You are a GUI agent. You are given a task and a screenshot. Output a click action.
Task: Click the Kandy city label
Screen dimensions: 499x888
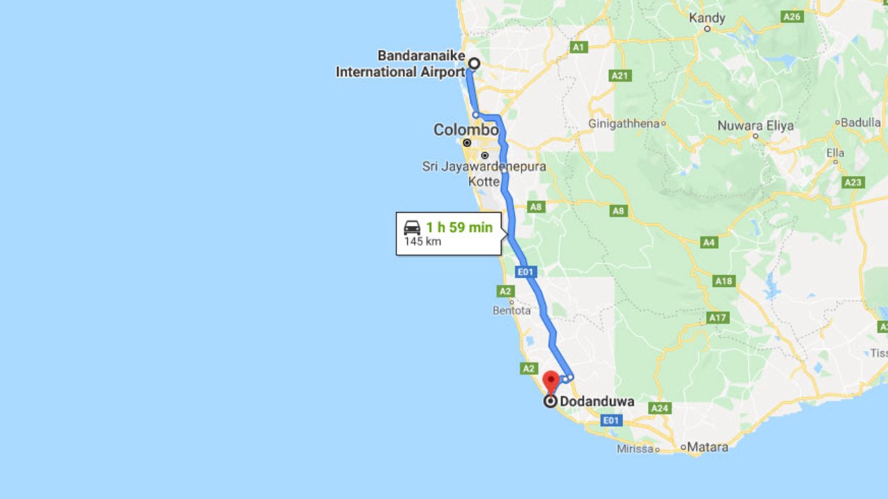[707, 18]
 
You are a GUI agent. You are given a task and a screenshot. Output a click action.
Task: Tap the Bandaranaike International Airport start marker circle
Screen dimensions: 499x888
[474, 64]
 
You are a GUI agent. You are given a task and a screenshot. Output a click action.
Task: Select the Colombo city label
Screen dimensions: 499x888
[466, 130]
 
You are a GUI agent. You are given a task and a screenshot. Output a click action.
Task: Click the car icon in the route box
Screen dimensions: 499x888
[412, 227]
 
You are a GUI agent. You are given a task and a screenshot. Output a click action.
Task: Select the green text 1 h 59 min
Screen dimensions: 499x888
[459, 227]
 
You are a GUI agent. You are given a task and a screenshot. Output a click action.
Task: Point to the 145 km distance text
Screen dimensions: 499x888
[422, 242]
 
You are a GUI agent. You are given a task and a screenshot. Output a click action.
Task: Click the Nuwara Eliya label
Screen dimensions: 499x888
[755, 125]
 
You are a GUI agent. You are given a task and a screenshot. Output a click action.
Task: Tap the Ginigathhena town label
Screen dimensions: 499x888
[624, 123]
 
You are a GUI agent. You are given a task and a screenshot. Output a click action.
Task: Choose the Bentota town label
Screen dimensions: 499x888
[511, 310]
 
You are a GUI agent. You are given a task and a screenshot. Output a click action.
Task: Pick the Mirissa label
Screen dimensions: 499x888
[635, 449]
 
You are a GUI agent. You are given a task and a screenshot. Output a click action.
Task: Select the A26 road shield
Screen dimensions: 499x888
[792, 17]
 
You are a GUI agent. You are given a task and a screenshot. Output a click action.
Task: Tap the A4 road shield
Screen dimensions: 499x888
[708, 243]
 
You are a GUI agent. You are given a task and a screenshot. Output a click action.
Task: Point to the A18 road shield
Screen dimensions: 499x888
[724, 281]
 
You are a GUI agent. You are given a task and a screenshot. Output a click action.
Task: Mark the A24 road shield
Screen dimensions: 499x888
[660, 409]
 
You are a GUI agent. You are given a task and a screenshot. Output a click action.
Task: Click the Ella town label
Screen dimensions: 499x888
[835, 152]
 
